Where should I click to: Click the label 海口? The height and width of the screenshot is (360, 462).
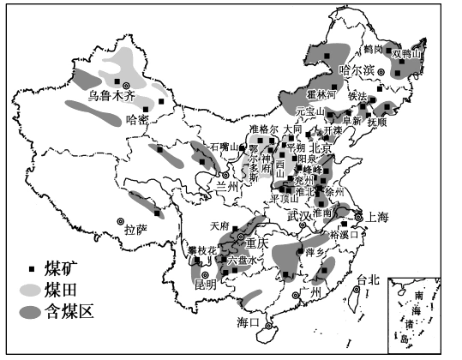(x=247, y=322)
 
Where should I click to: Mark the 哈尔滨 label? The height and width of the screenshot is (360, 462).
(x=357, y=70)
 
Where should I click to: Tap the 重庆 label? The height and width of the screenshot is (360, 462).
(x=256, y=243)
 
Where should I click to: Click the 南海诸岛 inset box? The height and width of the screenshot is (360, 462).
(x=421, y=312)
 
